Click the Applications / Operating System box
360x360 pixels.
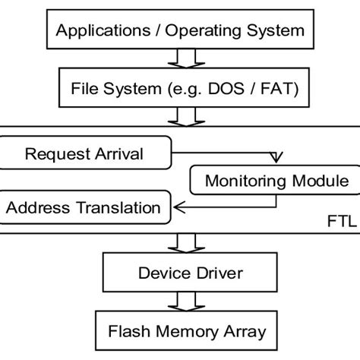(179, 31)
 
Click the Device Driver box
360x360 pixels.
(179, 271)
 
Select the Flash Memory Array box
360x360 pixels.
(179, 330)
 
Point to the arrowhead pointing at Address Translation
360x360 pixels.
(177, 204)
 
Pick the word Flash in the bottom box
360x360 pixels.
(127, 330)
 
